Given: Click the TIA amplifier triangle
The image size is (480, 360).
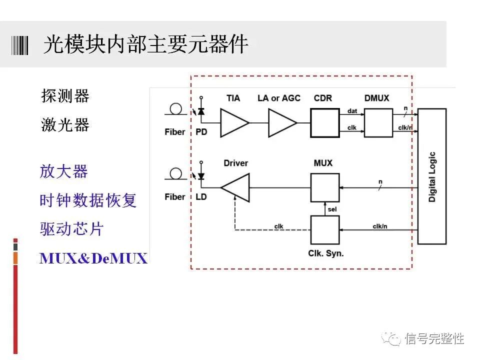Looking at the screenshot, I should tap(233, 123).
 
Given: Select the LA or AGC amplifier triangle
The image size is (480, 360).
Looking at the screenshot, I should tap(280, 123).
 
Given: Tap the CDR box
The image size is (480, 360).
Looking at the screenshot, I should tap(324, 123).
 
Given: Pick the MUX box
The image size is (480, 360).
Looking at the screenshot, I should tap(324, 187).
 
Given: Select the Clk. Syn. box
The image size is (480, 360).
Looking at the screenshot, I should tap(324, 229).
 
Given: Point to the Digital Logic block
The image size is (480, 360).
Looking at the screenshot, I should tap(431, 176).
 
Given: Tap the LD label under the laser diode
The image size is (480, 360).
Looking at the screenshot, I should tap(201, 197).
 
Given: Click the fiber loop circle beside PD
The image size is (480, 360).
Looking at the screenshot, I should tap(175, 108).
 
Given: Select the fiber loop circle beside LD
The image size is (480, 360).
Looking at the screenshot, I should tap(175, 173).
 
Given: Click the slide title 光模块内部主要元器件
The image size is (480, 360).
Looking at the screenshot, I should tap(145, 45).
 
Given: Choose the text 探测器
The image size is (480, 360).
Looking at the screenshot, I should tap(65, 96).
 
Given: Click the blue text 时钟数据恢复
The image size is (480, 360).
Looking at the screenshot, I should tap(88, 200).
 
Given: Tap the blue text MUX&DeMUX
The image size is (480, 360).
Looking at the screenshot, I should tap(93, 258).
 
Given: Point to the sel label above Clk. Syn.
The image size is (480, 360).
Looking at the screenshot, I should tap(331, 208).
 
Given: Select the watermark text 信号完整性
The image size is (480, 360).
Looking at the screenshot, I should tap(434, 338).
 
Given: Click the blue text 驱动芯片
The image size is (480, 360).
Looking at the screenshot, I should tap(71, 229).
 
